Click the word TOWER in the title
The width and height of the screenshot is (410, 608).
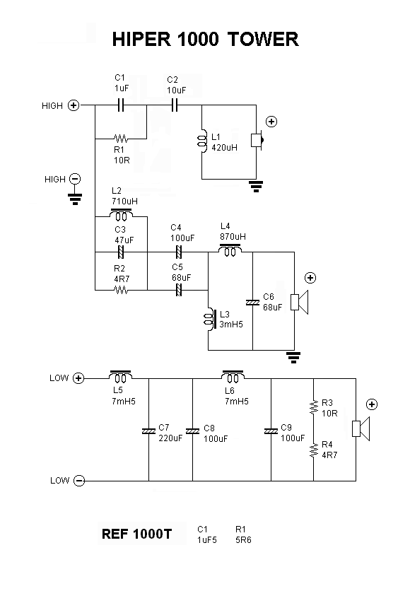[x=263, y=39]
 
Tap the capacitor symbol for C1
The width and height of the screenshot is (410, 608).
[x=121, y=105]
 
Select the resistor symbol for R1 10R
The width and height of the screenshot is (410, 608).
[x=121, y=139]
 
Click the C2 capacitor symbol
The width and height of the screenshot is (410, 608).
[x=175, y=105]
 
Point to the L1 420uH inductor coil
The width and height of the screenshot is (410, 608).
[x=201, y=141]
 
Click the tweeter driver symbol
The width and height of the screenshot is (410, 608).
[x=257, y=140]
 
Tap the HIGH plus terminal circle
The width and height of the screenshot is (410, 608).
[x=74, y=105]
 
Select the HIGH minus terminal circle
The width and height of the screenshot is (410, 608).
[x=75, y=179]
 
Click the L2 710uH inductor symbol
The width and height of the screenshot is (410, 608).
[x=122, y=214]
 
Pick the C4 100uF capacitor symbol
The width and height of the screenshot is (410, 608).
[x=178, y=252]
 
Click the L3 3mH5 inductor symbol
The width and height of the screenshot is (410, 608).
[x=209, y=320]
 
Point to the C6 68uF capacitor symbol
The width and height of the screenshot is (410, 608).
[x=252, y=302]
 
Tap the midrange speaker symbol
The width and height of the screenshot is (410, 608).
[x=300, y=302]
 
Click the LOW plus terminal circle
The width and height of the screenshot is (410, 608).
[x=78, y=378]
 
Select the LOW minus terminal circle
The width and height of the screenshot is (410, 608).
[x=79, y=481]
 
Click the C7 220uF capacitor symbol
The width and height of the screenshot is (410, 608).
[x=148, y=431]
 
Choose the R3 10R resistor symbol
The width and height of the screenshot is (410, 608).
[x=313, y=407]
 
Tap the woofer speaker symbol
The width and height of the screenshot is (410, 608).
[x=361, y=428]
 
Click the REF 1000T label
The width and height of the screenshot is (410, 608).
[x=136, y=534]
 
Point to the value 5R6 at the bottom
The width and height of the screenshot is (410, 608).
[x=243, y=539]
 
